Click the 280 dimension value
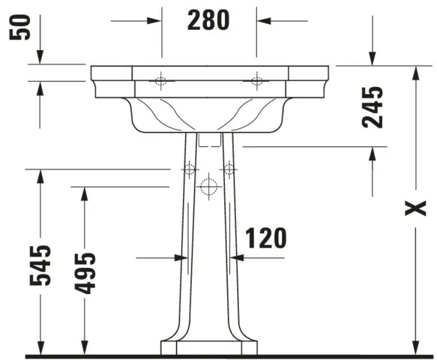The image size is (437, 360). [209, 20]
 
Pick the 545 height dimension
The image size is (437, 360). [43, 265]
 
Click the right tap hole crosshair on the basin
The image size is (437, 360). [257, 81]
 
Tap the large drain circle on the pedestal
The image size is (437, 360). [209, 187]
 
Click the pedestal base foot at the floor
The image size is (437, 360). [209, 347]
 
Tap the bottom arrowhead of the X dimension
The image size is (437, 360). [415, 348]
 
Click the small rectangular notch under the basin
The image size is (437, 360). [209, 139]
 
